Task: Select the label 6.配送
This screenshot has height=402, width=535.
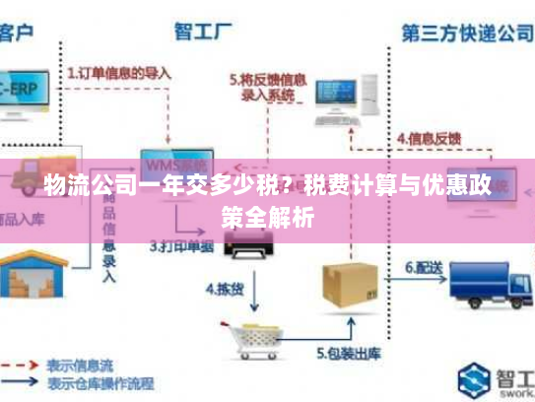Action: pyautogui.click(x=424, y=267)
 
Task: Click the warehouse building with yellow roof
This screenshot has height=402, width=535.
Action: pyautogui.click(x=32, y=272)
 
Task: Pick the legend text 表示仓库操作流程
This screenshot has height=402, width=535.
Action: pyautogui.click(x=101, y=380)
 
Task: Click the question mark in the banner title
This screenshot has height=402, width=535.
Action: pyautogui.click(x=286, y=182)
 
